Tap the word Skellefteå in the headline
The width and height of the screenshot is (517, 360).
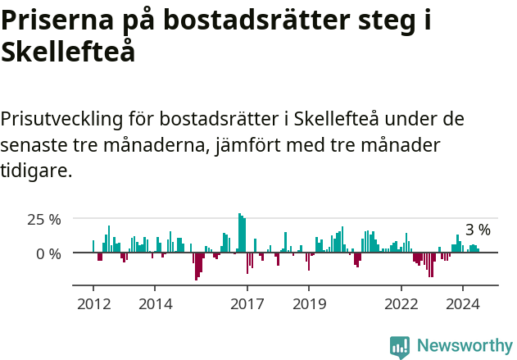coord(68,52)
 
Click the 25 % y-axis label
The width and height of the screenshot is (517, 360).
coord(44,220)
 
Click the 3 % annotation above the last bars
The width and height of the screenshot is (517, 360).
coord(478,230)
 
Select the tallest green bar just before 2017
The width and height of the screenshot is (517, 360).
coord(239,233)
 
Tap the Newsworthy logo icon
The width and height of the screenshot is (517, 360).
coord(400,346)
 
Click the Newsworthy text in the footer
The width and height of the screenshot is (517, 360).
coord(465,346)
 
